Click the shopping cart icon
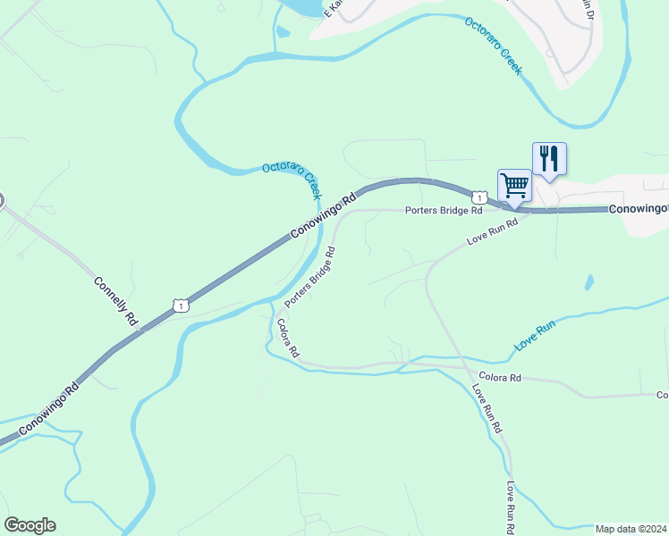514,185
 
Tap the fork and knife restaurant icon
549,159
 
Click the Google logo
30,525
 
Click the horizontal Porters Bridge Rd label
443,212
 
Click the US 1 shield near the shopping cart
479,197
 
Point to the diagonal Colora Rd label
286,339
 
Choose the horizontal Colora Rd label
499,378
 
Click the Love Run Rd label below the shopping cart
492,233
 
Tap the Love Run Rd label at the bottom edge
510,508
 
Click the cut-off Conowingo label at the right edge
639,208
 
